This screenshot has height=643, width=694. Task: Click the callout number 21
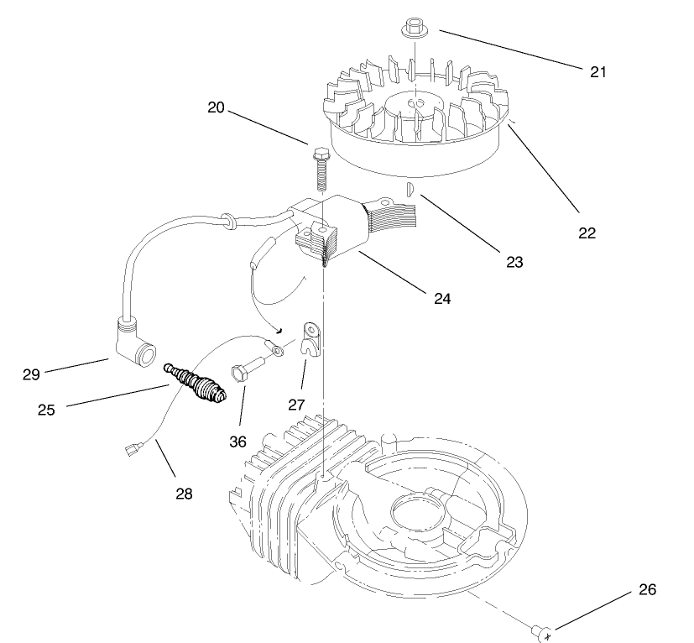pos(597,71)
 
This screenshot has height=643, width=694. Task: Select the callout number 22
pos(587,233)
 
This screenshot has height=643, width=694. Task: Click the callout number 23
pos(514,262)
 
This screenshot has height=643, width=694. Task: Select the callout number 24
pos(441,298)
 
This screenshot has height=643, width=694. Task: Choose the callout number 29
pos(31,374)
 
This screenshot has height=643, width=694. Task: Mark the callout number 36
pos(237,441)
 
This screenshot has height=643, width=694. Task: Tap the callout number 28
pos(184,494)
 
